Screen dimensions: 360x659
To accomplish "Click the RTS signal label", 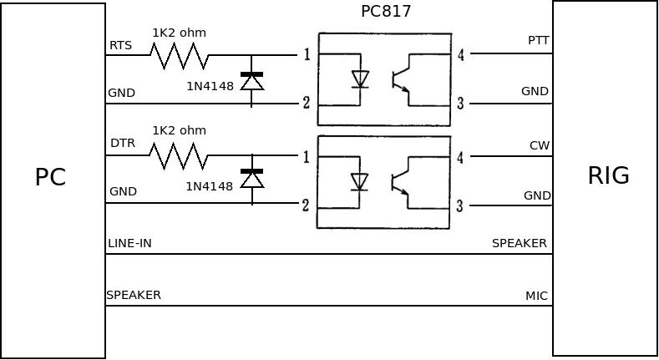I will pyautogui.click(x=120, y=45).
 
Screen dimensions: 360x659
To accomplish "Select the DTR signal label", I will pyautogui.click(x=122, y=144).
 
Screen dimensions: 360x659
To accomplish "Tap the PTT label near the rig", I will pyautogui.click(x=539, y=40).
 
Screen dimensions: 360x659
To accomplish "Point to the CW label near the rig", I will pyautogui.click(x=540, y=145).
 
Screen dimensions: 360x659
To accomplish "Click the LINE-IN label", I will pyautogui.click(x=129, y=244).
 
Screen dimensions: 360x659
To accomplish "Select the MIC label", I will pyautogui.click(x=536, y=296).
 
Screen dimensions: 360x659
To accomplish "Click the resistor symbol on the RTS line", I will pyautogui.click(x=179, y=56).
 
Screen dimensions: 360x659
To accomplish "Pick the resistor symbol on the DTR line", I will pyautogui.click(x=179, y=155).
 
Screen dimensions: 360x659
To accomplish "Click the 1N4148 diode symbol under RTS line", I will pyautogui.click(x=251, y=81).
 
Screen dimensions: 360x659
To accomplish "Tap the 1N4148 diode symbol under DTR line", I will pyautogui.click(x=251, y=179).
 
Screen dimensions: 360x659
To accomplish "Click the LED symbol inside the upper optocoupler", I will pyautogui.click(x=360, y=79).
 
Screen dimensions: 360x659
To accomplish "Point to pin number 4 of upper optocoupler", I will pyautogui.click(x=461, y=55).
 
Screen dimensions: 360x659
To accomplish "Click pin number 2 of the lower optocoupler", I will pyautogui.click(x=307, y=205).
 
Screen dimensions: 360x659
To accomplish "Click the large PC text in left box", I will pyautogui.click(x=50, y=177).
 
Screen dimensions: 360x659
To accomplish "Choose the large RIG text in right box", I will pyautogui.click(x=608, y=175).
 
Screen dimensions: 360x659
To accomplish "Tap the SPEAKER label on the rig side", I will pyautogui.click(x=519, y=244).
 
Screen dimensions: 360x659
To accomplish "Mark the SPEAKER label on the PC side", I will pyautogui.click(x=134, y=295).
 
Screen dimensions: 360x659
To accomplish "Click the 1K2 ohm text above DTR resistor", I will pyautogui.click(x=179, y=130).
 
